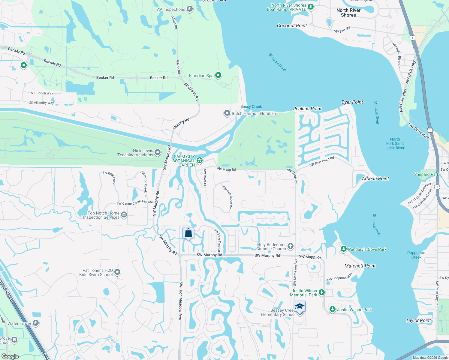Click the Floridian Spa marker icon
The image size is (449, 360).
click(x=218, y=75)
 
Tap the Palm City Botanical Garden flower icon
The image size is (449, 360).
click(x=200, y=160)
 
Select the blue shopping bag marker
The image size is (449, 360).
click(x=188, y=233)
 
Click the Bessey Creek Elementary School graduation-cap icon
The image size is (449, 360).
click(x=300, y=307)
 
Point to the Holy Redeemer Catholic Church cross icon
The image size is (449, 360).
click(x=290, y=246)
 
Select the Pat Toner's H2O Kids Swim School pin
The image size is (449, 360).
click(x=117, y=272)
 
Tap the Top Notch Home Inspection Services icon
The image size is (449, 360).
click(x=124, y=214)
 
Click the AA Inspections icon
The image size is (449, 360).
click(x=190, y=9)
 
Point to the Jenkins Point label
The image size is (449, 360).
click(x=307, y=109)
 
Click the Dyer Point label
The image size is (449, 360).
click(x=352, y=102)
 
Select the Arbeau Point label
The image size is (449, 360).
click(x=375, y=178)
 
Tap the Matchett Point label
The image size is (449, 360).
click(x=360, y=266)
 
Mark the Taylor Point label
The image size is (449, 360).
click(x=418, y=320)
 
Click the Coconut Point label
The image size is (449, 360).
click(x=292, y=25)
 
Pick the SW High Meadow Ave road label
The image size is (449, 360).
click(x=181, y=301)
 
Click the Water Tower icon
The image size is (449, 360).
click(x=36, y=323)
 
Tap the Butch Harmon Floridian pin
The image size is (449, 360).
click(x=227, y=113)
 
